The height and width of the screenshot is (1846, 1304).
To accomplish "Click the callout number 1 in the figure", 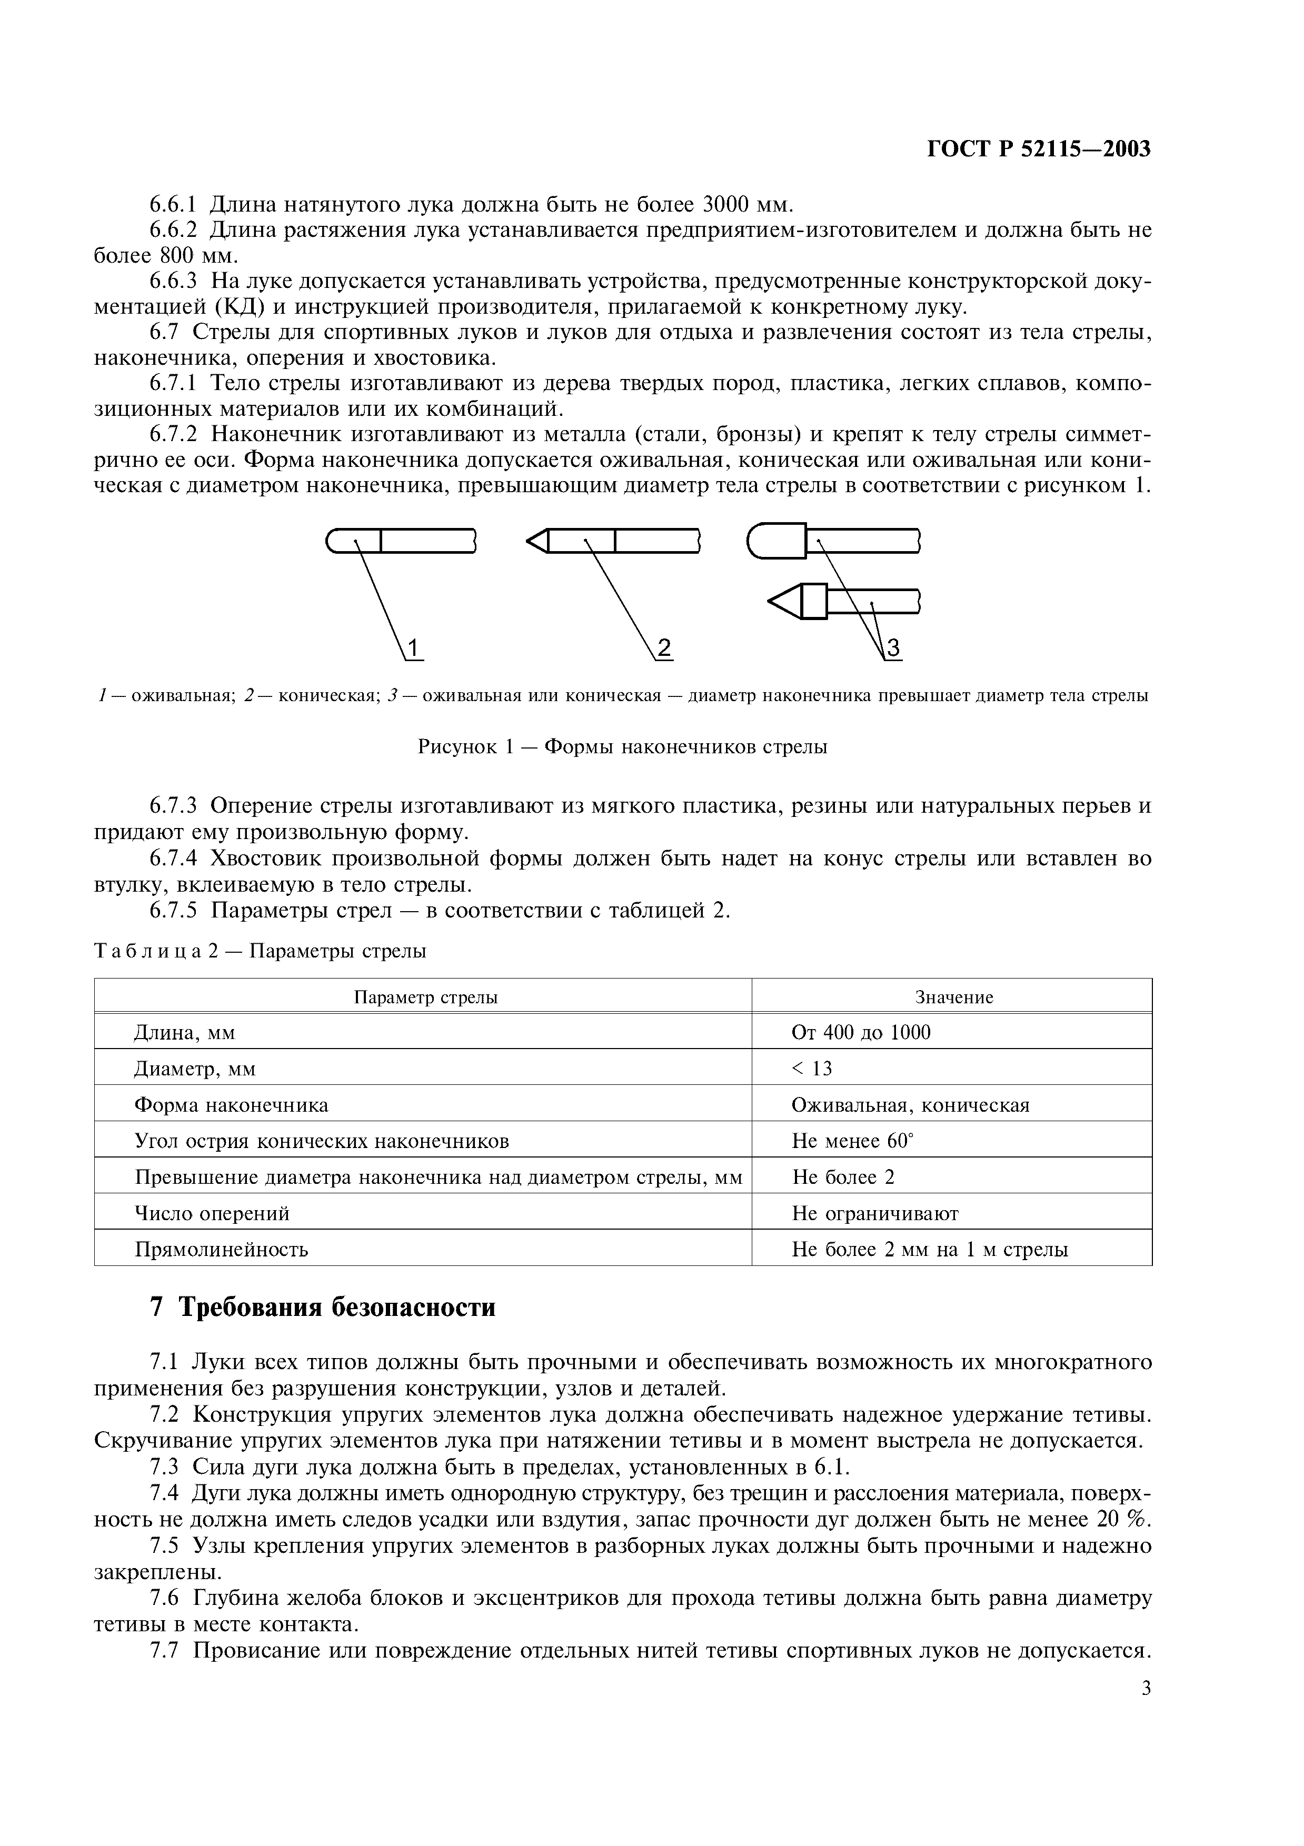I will (x=413, y=647).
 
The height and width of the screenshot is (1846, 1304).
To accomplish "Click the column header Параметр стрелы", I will (x=425, y=998).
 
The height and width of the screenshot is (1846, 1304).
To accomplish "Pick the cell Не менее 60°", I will (x=853, y=1141).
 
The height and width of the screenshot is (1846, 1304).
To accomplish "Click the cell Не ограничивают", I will (x=875, y=1213).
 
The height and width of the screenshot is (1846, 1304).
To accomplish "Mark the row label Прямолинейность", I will (x=221, y=1250).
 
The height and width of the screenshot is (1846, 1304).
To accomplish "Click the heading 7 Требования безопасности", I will (x=323, y=1308).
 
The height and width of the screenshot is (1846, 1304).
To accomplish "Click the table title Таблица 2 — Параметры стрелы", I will (x=261, y=951).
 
